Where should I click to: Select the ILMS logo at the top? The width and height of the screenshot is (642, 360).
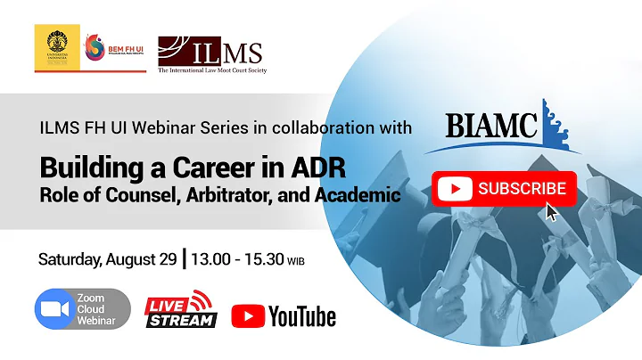click(x=211, y=53)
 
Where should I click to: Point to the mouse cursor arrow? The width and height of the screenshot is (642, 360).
click(x=553, y=212)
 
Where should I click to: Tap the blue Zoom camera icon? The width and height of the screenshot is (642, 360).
click(x=53, y=309)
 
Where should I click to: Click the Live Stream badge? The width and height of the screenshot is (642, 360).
click(x=181, y=309)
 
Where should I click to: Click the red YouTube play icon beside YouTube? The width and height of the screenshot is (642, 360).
click(x=248, y=315)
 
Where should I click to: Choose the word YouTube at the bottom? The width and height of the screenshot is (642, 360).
click(x=302, y=315)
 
